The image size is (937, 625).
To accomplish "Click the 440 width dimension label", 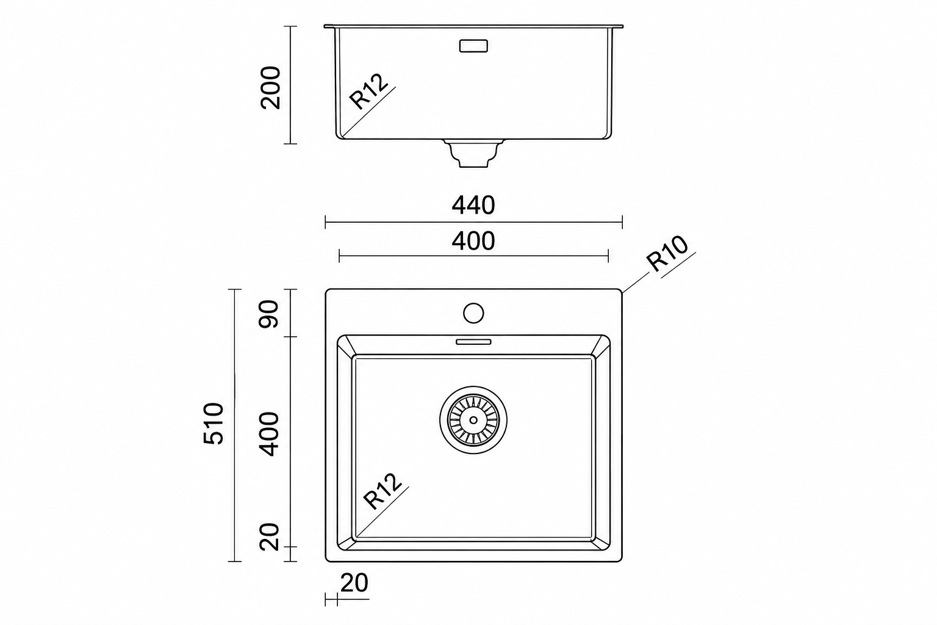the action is pyautogui.click(x=473, y=205).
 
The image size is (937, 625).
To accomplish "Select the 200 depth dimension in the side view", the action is pyautogui.click(x=270, y=87).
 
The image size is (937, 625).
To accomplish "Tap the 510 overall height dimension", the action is pyautogui.click(x=214, y=423).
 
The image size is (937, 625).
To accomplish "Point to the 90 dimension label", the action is pyautogui.click(x=268, y=314).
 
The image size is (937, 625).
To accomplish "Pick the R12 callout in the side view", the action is pyautogui.click(x=368, y=92).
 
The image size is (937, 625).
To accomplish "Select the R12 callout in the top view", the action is pyautogui.click(x=382, y=491).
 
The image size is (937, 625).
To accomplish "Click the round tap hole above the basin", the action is pyautogui.click(x=473, y=313).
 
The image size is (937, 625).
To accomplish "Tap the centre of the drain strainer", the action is pyautogui.click(x=473, y=420).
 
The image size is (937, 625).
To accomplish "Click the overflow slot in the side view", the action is pyautogui.click(x=473, y=46).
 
